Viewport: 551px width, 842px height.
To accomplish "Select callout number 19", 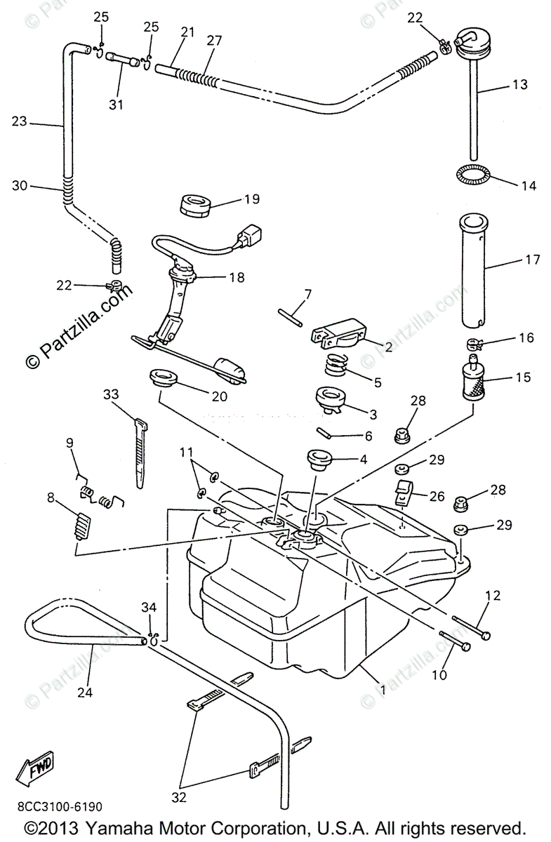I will click(x=251, y=199).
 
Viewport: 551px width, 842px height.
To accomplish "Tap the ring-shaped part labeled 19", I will click(x=196, y=205).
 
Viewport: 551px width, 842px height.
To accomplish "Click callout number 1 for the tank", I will click(x=383, y=690).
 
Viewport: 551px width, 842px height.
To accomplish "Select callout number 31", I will click(x=117, y=105).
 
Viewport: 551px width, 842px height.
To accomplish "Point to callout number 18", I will click(x=237, y=277).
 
